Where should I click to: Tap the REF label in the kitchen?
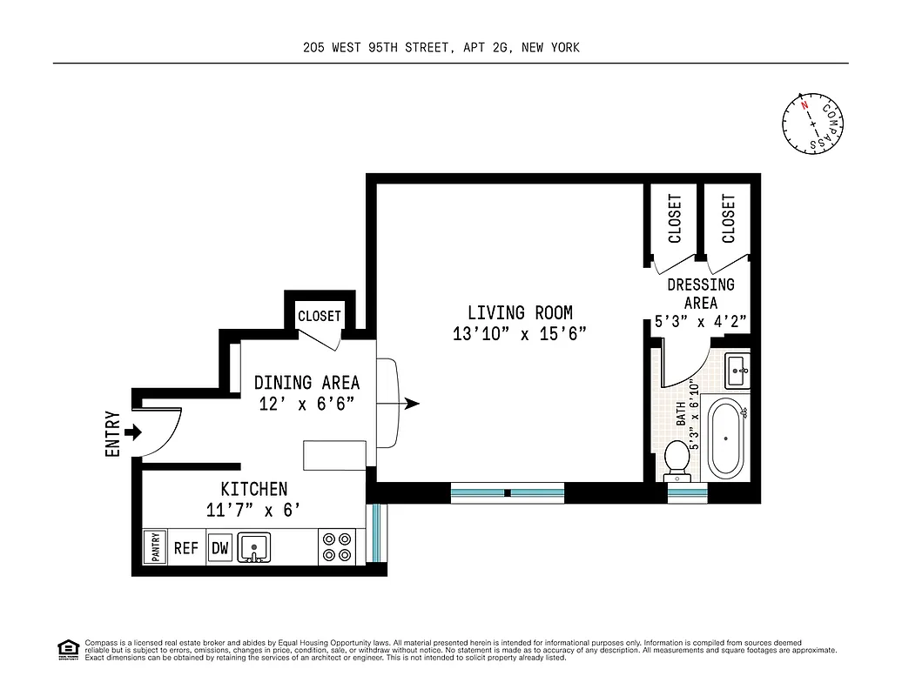click(x=186, y=548)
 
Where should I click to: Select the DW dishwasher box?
click(x=220, y=548)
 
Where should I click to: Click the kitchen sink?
click(x=254, y=548)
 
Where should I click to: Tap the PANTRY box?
click(x=157, y=548)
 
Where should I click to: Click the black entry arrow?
click(x=133, y=432)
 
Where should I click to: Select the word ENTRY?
click(x=111, y=434)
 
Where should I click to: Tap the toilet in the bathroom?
click(x=676, y=460)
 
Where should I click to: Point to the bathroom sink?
click(x=737, y=371)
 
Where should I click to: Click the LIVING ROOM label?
click(x=520, y=312)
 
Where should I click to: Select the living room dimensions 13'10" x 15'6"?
click(x=520, y=333)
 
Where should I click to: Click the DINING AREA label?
click(x=306, y=383)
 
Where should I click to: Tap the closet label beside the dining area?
click(x=320, y=316)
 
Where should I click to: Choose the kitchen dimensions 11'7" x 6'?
click(x=253, y=511)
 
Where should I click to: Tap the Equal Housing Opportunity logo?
click(x=66, y=648)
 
